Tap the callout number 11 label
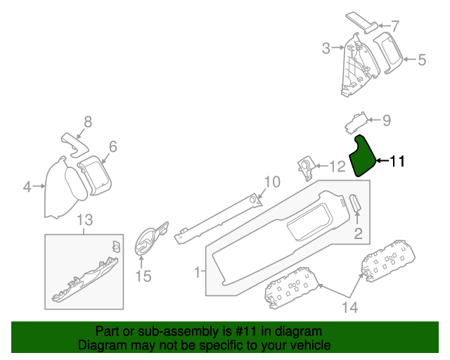pyautogui.click(x=397, y=162)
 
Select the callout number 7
pyautogui.click(x=394, y=27)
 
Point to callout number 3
pyautogui.click(x=326, y=48)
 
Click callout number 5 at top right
pyautogui.click(x=421, y=60)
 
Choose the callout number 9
pyautogui.click(x=386, y=120)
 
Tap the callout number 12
pyautogui.click(x=337, y=167)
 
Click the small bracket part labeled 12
pyautogui.click(x=307, y=165)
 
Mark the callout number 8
pyautogui.click(x=89, y=121)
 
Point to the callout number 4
pyautogui.click(x=27, y=187)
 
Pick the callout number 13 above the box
pyautogui.click(x=84, y=221)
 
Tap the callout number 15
pyautogui.click(x=143, y=276)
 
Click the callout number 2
pyautogui.click(x=357, y=234)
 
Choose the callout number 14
pyautogui.click(x=349, y=307)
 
